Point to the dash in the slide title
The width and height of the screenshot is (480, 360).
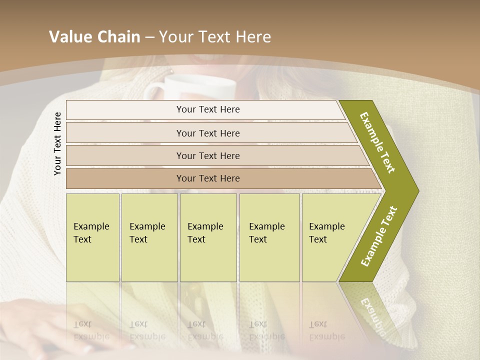[149, 37]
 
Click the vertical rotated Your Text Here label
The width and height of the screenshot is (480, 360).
[57, 143]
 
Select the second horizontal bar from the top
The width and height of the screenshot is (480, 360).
[207, 133]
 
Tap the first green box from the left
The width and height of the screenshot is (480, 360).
[92, 237]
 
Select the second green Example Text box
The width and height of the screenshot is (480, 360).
[149, 237]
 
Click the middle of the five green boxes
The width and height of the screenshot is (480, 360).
[208, 237]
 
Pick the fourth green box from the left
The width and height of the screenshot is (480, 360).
[269, 237]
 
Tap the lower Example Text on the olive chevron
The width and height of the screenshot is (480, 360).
[378, 236]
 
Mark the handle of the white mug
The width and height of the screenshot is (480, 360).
[152, 92]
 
